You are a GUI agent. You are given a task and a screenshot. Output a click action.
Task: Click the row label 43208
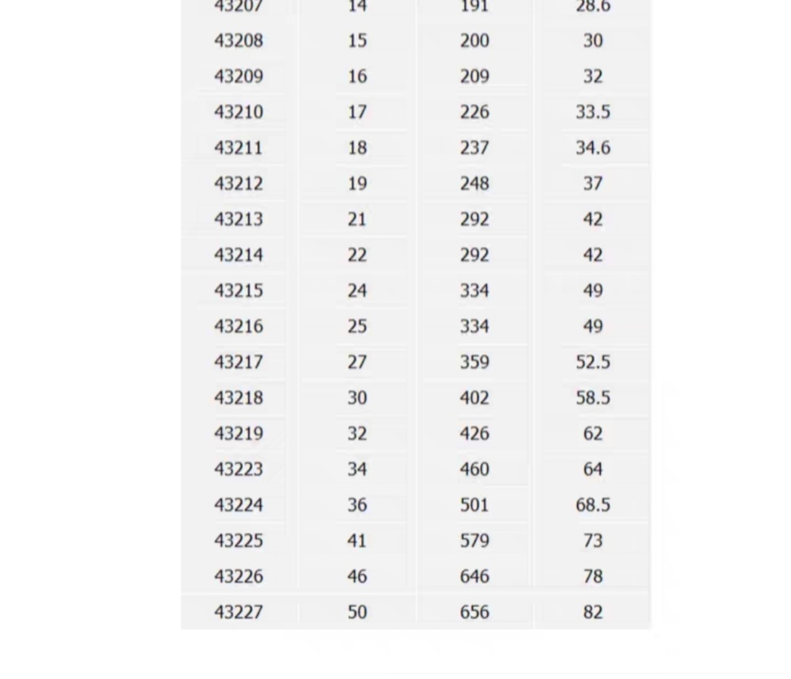(x=239, y=40)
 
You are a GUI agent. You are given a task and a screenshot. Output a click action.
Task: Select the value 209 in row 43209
(x=474, y=76)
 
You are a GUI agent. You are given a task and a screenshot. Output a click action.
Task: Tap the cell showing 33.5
(x=593, y=112)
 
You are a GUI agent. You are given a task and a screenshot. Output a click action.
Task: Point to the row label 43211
(x=239, y=148)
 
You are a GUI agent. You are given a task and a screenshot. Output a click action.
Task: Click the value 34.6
(x=593, y=148)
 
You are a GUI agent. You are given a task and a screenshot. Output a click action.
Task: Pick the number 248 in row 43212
(x=474, y=183)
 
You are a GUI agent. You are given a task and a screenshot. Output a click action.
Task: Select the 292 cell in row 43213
(x=474, y=219)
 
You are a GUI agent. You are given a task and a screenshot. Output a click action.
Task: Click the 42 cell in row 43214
(x=593, y=255)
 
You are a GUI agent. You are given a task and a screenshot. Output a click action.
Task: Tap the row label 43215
(x=239, y=290)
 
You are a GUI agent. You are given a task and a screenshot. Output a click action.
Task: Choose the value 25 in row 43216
(x=357, y=326)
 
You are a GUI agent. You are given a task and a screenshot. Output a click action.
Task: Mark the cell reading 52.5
(x=593, y=362)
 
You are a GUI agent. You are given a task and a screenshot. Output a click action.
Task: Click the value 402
(x=474, y=398)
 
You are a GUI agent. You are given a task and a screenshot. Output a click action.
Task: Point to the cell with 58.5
(x=593, y=398)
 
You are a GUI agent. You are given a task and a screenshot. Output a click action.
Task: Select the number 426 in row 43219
(x=474, y=433)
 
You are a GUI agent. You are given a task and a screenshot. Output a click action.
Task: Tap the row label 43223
(x=239, y=469)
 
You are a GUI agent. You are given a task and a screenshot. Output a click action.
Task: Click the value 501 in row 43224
(x=474, y=505)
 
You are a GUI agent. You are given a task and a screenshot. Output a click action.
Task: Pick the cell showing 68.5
(x=593, y=505)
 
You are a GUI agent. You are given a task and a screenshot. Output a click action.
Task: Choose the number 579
(x=474, y=541)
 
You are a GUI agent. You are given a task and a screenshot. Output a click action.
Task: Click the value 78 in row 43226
(x=593, y=576)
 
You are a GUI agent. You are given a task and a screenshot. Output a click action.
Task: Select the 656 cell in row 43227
(x=474, y=612)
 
